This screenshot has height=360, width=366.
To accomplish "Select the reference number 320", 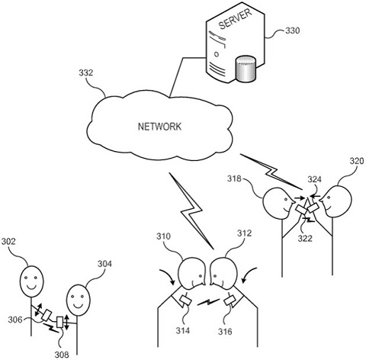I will [x=357, y=163].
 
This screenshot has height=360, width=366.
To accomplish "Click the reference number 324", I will [x=314, y=180].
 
